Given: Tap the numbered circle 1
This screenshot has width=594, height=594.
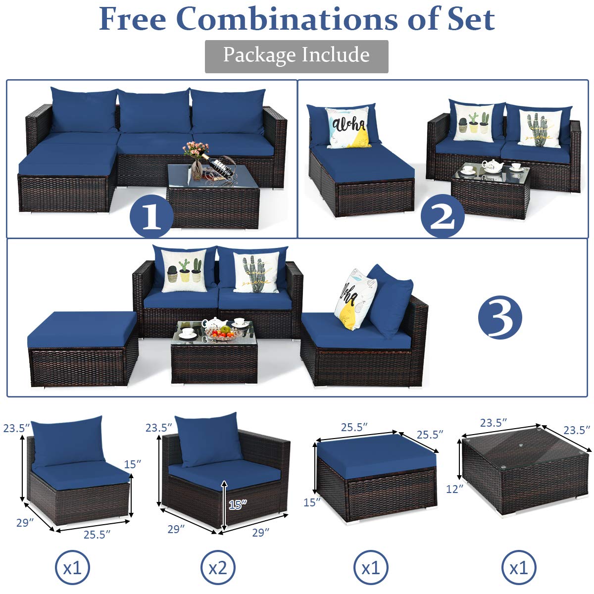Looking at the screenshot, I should coord(151,216).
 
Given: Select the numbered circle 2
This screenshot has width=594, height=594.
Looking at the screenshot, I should coord(442,216).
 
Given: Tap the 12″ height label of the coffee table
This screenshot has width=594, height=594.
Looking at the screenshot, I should coord(454,489).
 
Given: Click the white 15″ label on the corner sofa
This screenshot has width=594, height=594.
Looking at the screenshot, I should coord(238,504).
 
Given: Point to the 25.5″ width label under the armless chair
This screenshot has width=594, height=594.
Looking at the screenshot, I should coord(97,534).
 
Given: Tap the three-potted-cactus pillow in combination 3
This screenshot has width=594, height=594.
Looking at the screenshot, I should coord(185,272).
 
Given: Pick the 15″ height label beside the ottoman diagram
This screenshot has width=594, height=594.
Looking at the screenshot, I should coord(312,502).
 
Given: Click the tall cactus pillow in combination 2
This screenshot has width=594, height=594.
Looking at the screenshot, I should coord(540,128).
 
